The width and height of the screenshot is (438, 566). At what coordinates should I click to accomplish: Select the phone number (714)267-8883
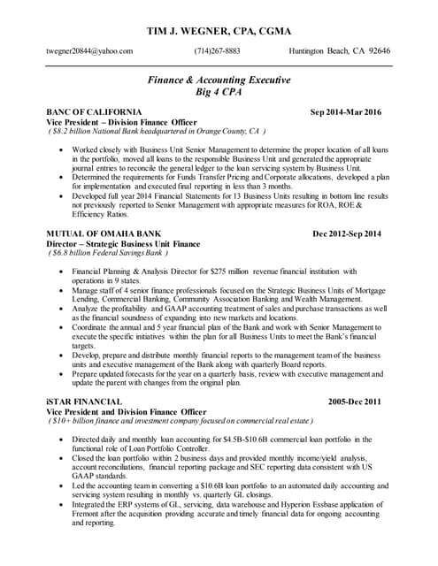coord(217,50)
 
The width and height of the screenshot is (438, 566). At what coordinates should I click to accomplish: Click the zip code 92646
coord(377,50)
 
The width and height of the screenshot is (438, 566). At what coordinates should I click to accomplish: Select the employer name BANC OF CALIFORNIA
coord(95,112)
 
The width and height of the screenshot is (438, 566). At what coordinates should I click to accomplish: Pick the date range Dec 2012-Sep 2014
coord(347,233)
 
